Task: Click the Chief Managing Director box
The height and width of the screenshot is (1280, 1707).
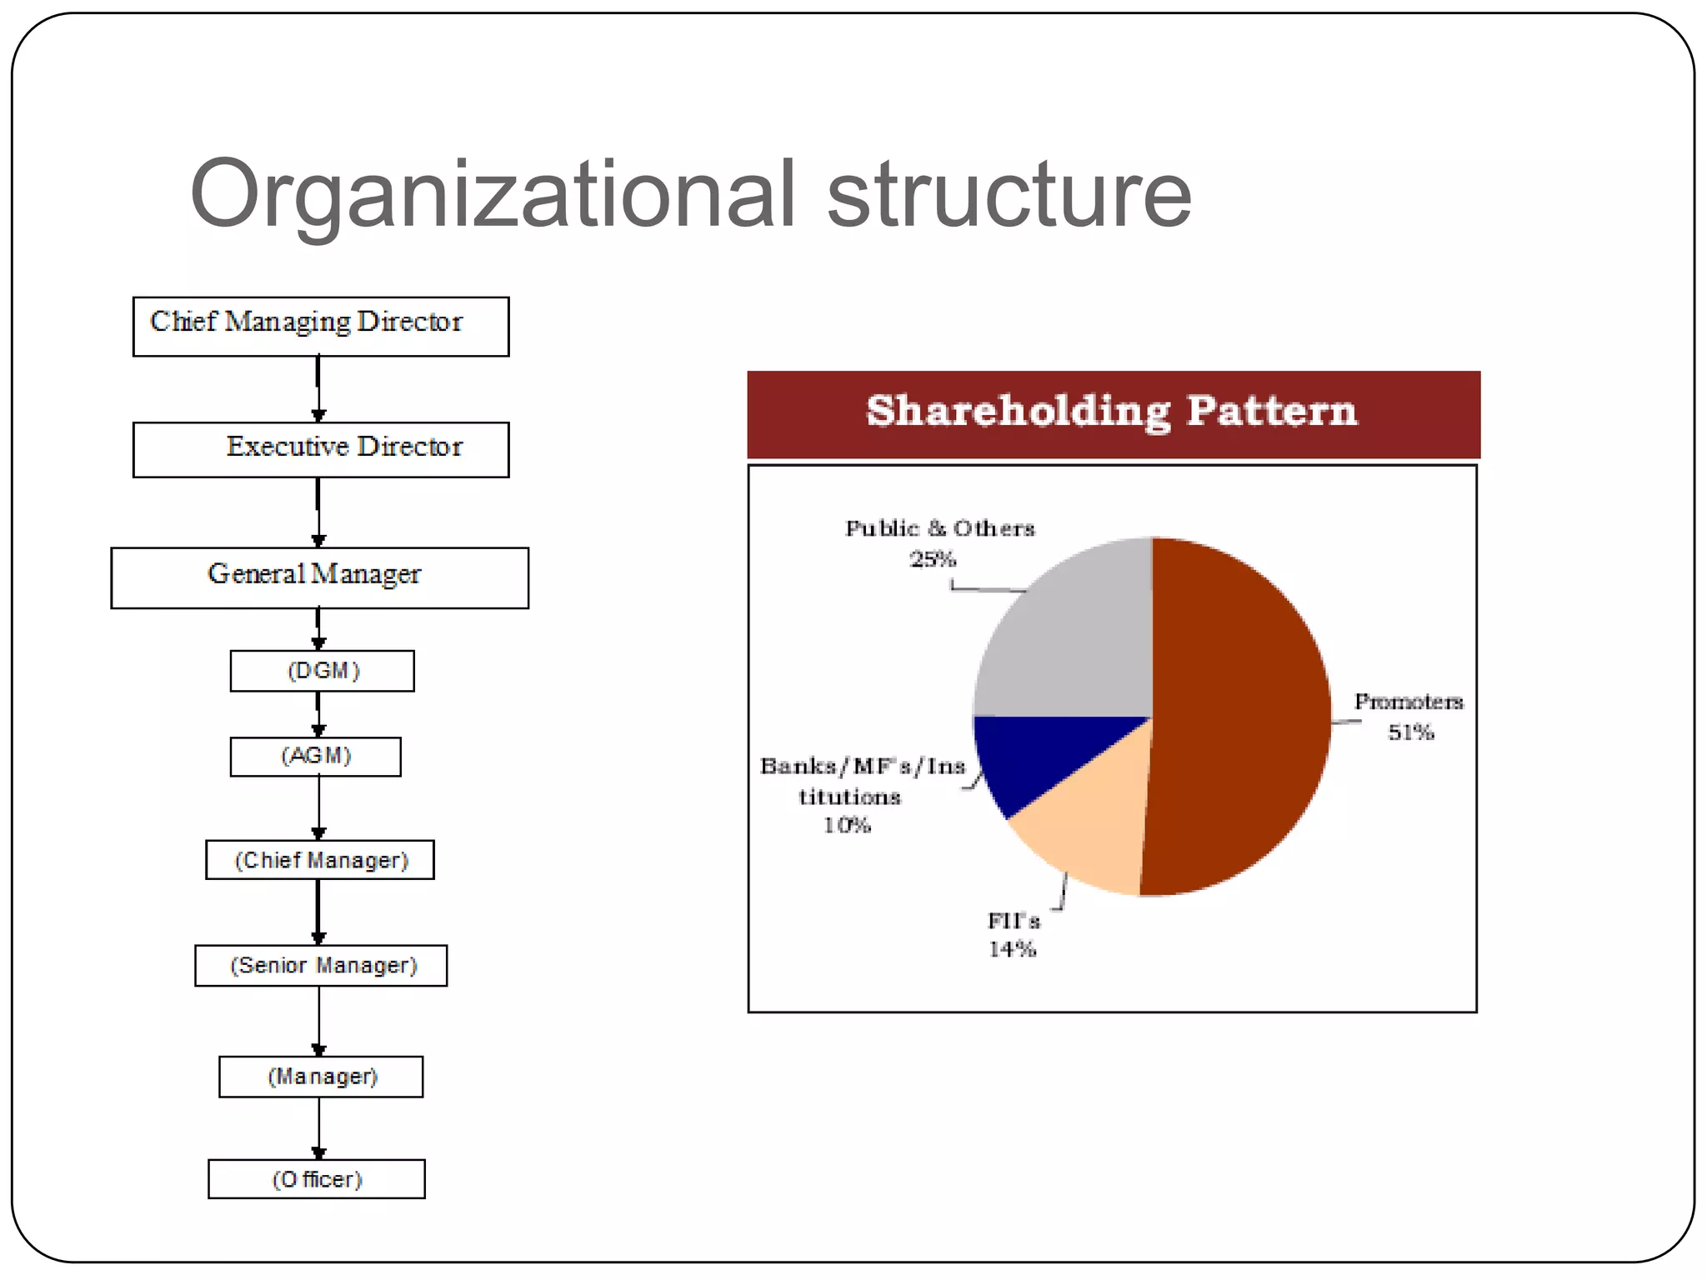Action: (320, 327)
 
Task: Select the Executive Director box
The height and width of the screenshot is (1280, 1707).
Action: (320, 449)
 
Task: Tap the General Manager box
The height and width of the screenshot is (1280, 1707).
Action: (319, 577)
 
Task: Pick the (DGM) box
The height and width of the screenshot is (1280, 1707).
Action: (322, 671)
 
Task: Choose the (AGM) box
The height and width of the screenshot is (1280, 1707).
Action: (315, 757)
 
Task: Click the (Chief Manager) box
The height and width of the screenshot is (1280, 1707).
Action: (320, 860)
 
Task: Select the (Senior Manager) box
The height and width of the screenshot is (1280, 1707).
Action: (321, 966)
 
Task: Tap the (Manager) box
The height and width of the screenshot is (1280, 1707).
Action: (321, 1077)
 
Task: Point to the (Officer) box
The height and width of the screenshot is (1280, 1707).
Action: (316, 1179)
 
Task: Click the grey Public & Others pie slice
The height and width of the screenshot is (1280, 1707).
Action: (1075, 633)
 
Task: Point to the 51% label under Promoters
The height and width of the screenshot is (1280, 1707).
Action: (1410, 732)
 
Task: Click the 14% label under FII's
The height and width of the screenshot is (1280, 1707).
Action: (1012, 949)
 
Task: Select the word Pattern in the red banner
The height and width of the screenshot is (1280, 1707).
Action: (1272, 411)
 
